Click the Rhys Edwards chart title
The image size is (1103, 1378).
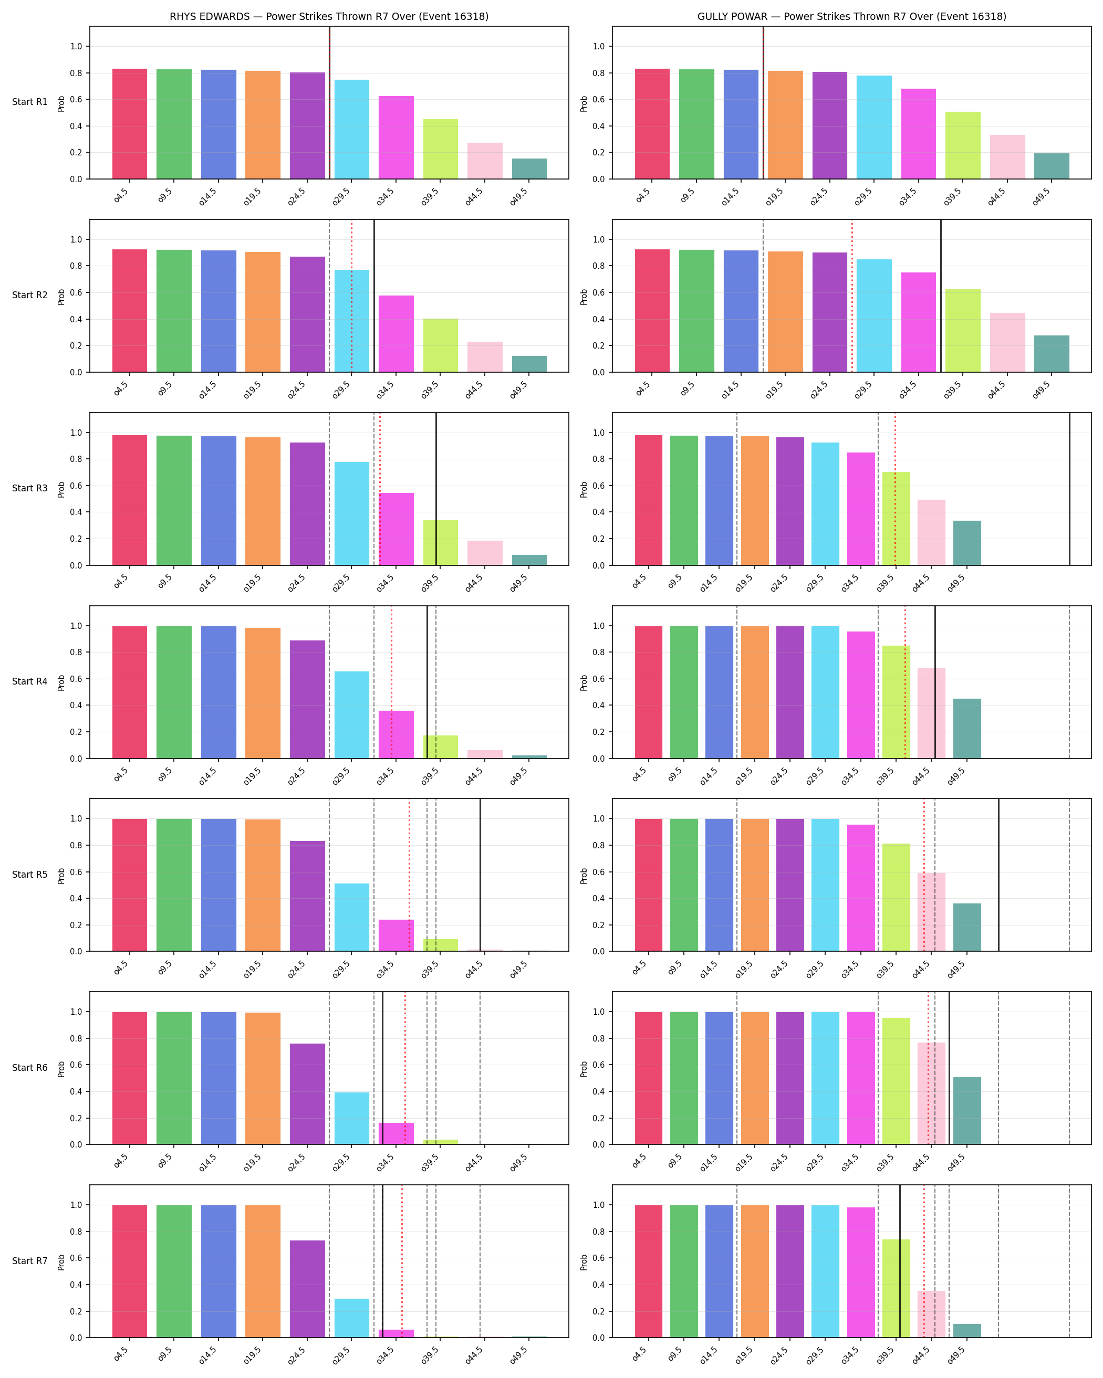pos(329,17)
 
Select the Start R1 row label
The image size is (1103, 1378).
pos(29,102)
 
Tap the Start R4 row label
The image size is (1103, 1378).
pos(29,681)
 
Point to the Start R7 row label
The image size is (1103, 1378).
pos(29,1260)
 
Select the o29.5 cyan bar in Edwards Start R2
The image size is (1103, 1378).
pos(352,321)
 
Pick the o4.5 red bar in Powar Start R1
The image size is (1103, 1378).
pos(652,124)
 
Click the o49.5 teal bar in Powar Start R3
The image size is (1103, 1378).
pos(967,543)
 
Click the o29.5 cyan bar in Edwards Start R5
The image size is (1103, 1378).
pos(352,917)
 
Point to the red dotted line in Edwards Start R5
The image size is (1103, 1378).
pos(409,875)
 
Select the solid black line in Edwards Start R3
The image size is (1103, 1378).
pos(436,489)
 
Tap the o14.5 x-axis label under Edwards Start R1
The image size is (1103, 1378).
pos(209,196)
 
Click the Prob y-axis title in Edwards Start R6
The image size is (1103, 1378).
pos(61,1069)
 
